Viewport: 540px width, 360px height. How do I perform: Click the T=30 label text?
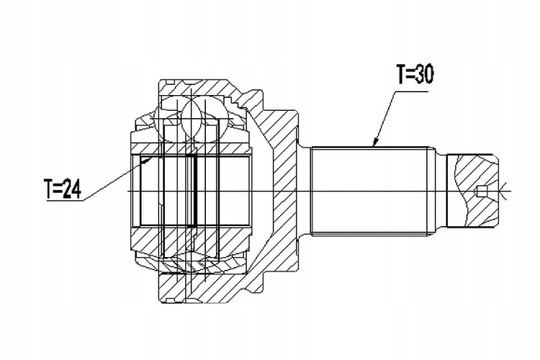pos(415,74)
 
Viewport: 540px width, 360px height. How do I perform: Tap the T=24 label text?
pos(63,189)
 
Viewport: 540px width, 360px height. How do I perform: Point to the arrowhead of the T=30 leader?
pos(375,142)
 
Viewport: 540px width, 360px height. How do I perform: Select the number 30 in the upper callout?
pos(424,74)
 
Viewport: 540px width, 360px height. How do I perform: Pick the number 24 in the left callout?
pos(71,189)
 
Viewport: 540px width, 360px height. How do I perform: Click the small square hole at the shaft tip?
pos(482,192)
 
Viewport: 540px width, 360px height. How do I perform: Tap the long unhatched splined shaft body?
pos(370,192)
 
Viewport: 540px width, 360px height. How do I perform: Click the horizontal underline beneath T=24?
pos(66,200)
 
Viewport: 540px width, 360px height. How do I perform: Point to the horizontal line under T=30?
pos(411,92)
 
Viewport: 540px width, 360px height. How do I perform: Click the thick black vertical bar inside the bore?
pos(196,191)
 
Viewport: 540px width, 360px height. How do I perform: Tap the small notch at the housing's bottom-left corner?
pos(169,301)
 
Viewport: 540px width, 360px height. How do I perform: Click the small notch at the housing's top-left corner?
pos(170,81)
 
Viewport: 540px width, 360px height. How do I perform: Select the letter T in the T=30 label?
pos(402,74)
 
